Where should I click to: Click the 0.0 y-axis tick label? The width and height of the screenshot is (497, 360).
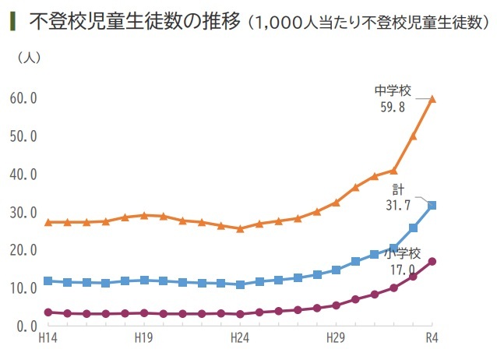[x=26, y=325]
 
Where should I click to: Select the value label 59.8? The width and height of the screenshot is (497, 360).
[x=391, y=107]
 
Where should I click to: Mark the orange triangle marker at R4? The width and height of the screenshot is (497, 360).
[x=432, y=99]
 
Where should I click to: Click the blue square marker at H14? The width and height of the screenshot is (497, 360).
[x=48, y=281]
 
